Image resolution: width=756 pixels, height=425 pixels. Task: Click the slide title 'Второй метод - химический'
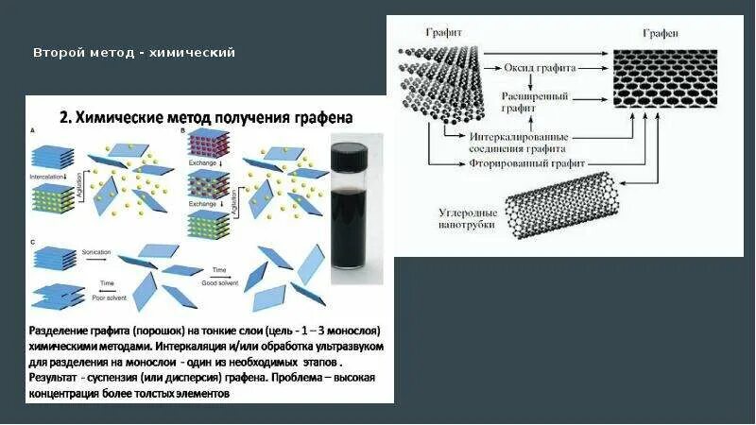(x=134, y=52)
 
